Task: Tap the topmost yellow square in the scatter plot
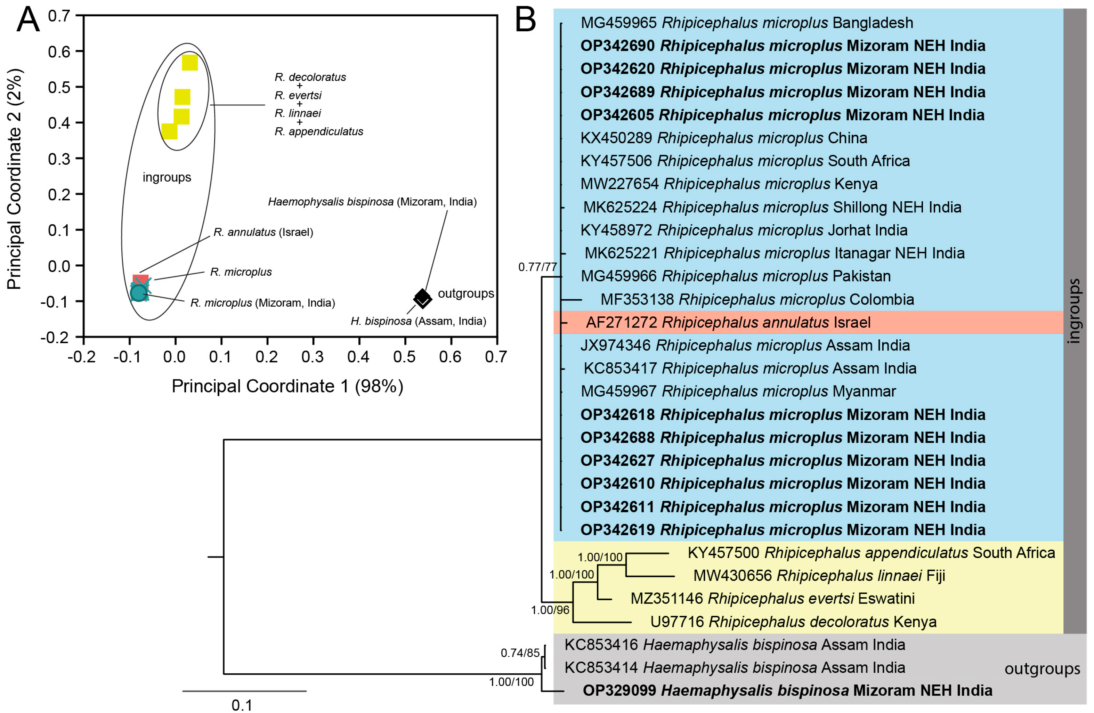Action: click(x=190, y=63)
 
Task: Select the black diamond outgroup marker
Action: click(x=422, y=298)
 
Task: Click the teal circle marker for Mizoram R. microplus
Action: click(x=139, y=293)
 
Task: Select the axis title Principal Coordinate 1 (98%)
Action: click(x=287, y=386)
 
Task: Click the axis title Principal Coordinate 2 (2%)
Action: click(x=15, y=179)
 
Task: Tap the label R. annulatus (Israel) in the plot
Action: click(x=263, y=232)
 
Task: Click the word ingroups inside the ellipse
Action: click(x=167, y=177)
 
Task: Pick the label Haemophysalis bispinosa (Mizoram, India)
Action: click(x=372, y=202)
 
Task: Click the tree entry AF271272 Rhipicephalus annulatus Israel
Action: click(x=728, y=322)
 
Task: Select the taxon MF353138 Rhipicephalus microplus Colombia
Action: click(x=756, y=299)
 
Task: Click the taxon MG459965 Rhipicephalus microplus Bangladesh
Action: click(x=746, y=23)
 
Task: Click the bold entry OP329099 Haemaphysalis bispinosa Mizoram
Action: click(x=787, y=690)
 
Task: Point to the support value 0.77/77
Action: click(x=537, y=267)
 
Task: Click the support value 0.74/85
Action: click(x=519, y=653)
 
